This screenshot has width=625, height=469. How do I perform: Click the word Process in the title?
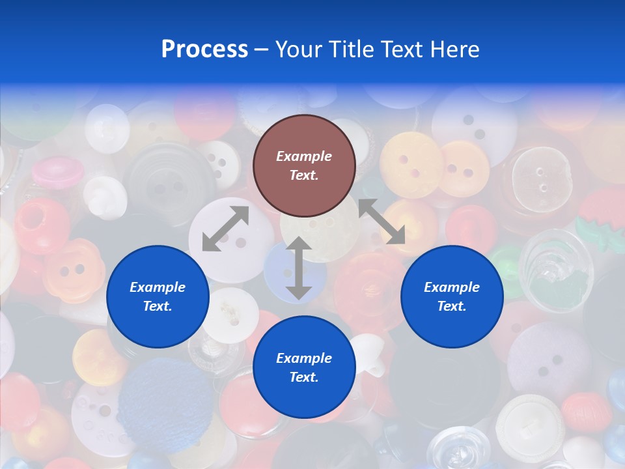(204, 50)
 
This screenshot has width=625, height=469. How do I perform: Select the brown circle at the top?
(304, 165)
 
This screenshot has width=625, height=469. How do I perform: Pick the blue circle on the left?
(158, 296)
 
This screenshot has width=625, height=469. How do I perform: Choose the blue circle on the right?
(452, 296)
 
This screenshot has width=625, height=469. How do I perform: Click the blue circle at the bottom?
(304, 367)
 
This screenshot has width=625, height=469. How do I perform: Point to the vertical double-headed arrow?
(298, 268)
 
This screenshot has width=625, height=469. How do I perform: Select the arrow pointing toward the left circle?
(225, 229)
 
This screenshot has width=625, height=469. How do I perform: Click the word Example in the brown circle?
(304, 156)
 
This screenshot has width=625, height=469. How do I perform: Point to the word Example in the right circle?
(452, 287)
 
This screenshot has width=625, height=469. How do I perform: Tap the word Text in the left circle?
(157, 306)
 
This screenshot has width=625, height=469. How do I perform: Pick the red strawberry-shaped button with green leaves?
(604, 219)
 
